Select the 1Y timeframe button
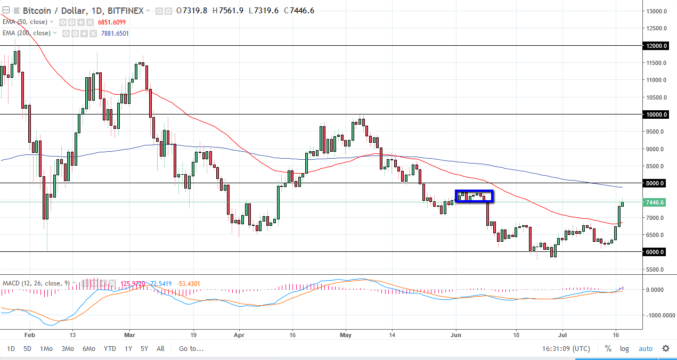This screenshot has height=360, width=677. click(x=128, y=349)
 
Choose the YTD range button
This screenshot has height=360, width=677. click(x=110, y=349)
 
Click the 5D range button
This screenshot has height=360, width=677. click(x=27, y=349)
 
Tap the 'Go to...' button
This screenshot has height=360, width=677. click(x=191, y=349)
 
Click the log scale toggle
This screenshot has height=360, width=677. click(x=624, y=349)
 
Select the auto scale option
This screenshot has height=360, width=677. click(x=645, y=349)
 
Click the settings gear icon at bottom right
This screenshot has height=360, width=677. click(x=666, y=349)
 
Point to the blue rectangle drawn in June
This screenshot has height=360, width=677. click(x=474, y=196)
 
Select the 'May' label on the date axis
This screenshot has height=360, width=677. click(x=346, y=336)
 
